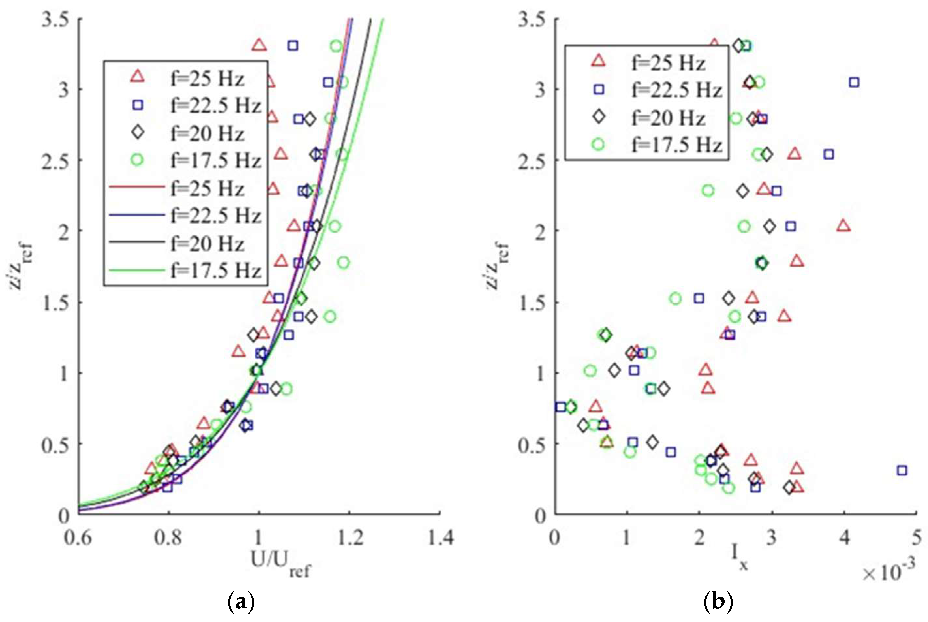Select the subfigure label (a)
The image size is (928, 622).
(241, 602)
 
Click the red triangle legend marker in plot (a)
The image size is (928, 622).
(138, 76)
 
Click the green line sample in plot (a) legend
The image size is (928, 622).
(137, 271)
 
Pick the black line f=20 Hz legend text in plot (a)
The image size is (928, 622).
(208, 243)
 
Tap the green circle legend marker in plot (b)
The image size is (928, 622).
(598, 144)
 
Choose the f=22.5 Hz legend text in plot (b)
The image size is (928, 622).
(676, 90)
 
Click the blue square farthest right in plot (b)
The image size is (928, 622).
(902, 471)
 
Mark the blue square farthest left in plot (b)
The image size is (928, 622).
(560, 407)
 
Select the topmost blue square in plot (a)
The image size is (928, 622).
(293, 46)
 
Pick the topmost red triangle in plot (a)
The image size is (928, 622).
(259, 46)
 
